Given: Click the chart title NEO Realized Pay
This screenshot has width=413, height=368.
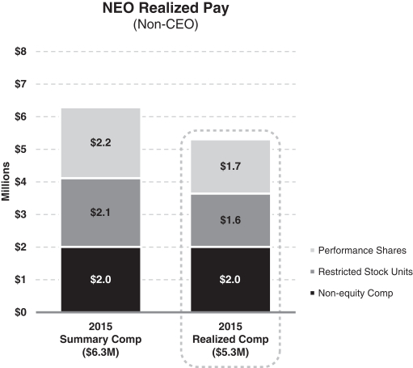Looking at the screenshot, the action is (x=166, y=8).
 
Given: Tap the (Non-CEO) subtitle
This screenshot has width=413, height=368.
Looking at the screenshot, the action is (x=166, y=24).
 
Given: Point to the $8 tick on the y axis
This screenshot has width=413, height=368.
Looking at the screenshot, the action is (x=21, y=51).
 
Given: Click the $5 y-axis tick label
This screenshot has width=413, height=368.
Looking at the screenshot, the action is (x=21, y=149).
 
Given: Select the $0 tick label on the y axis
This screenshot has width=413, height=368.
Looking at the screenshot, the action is (x=21, y=312).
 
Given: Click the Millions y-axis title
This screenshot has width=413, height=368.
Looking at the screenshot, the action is (x=6, y=181).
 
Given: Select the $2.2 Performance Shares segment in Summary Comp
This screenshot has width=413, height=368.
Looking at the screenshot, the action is (x=101, y=143).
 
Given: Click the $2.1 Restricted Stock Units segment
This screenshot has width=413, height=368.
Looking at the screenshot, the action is (x=101, y=213).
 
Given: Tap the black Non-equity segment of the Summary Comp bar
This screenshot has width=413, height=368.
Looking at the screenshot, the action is (x=101, y=280).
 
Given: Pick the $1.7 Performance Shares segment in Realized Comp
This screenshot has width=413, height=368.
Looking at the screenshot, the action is (x=230, y=167).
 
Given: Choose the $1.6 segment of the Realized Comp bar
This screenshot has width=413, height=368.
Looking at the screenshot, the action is (x=230, y=220).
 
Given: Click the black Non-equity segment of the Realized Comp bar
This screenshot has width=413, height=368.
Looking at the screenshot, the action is (x=230, y=280).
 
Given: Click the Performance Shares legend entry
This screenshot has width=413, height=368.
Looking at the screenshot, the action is (x=358, y=251).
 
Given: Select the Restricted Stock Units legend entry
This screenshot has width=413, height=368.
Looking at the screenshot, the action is (x=361, y=272).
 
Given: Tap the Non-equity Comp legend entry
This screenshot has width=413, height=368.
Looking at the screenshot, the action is (x=352, y=293).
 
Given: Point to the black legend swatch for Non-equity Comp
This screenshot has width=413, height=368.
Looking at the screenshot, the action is (x=313, y=293).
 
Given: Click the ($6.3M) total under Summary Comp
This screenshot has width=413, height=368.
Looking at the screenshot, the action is (x=100, y=353).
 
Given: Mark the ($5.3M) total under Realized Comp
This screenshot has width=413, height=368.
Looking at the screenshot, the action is (x=230, y=353).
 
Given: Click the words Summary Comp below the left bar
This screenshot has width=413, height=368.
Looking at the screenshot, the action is (x=100, y=339).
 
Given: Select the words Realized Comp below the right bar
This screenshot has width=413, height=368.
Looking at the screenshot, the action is (x=230, y=339).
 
